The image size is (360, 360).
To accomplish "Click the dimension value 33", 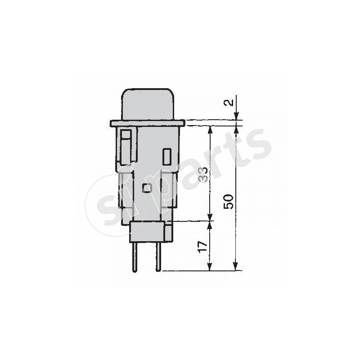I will click(203, 174).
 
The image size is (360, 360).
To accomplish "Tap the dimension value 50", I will click(229, 201).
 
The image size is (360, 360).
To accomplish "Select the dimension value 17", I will click(203, 246).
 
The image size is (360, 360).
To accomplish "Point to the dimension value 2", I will click(229, 103).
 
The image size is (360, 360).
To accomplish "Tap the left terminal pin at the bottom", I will click(134, 256).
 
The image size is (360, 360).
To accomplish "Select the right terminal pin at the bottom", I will click(158, 256).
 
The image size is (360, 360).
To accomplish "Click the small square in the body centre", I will click(146, 188).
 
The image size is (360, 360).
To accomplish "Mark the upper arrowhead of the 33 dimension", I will click(209, 129).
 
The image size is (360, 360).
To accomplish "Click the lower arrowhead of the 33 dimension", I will click(209, 218).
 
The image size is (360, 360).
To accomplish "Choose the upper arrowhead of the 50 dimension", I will click(235, 129).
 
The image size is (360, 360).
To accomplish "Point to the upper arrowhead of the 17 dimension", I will click(209, 224).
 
